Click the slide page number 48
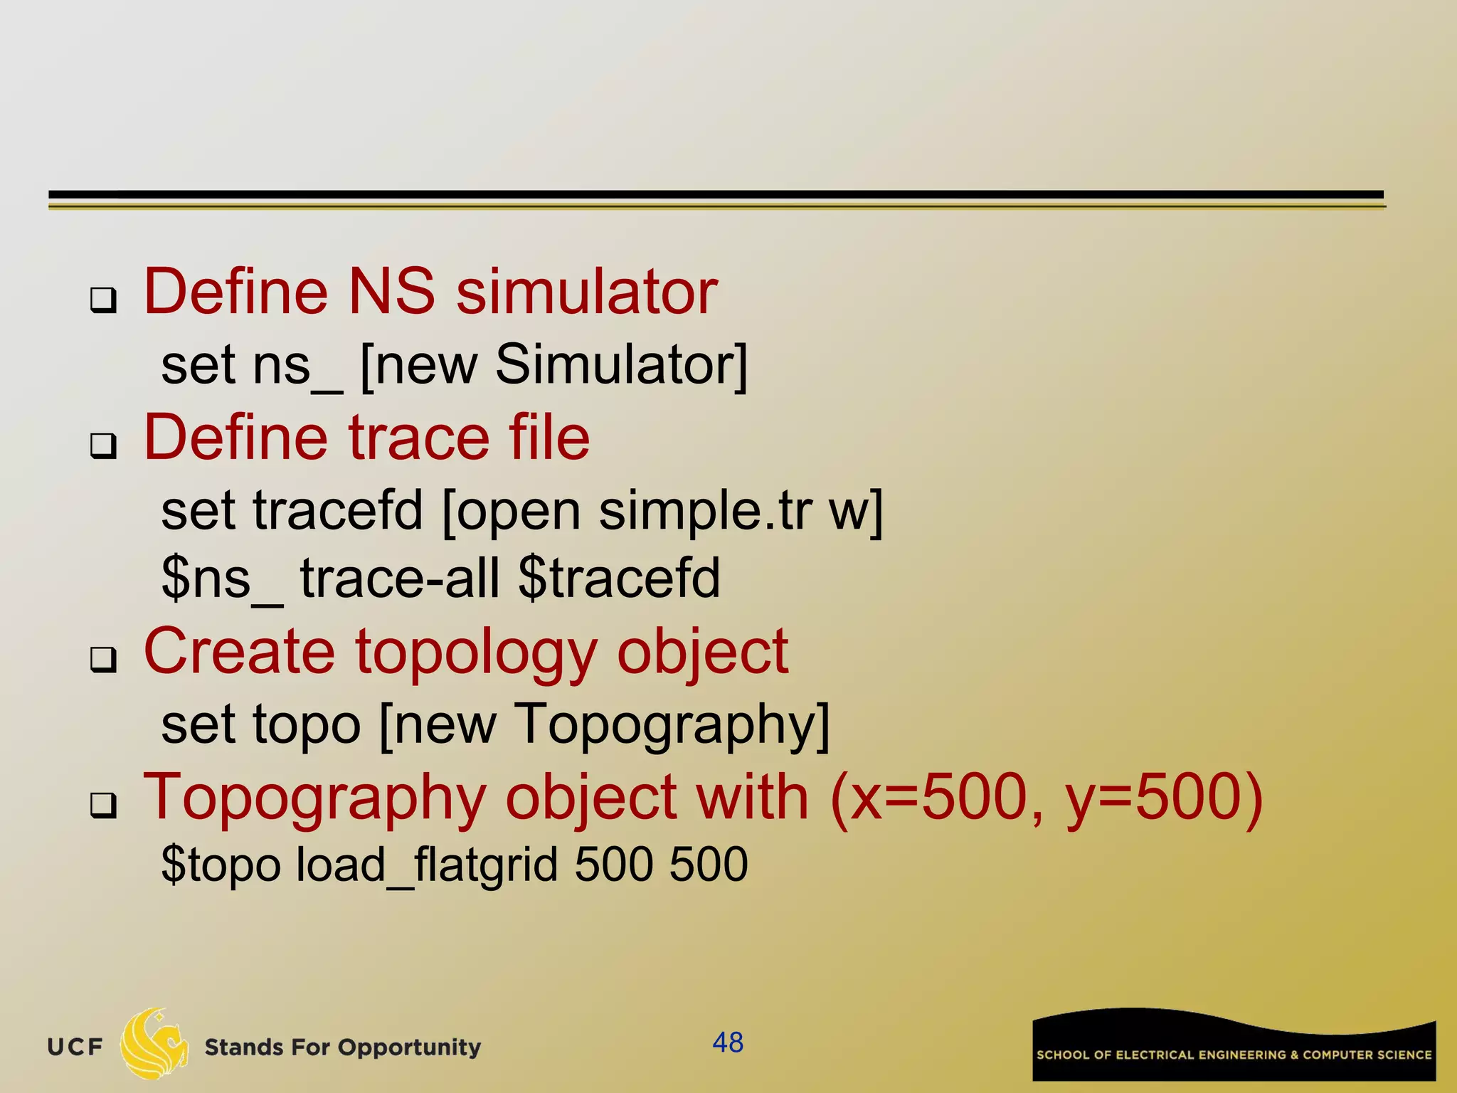coord(728,1042)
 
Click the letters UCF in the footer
coord(75,1047)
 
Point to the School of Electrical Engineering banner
coord(1234,1046)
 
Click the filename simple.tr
coord(705,510)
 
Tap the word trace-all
coord(400,577)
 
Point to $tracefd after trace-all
coord(619,577)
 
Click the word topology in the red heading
coord(475,653)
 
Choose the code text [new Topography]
coord(605,725)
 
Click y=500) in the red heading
coord(1163,798)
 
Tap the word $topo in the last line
coord(221,865)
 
